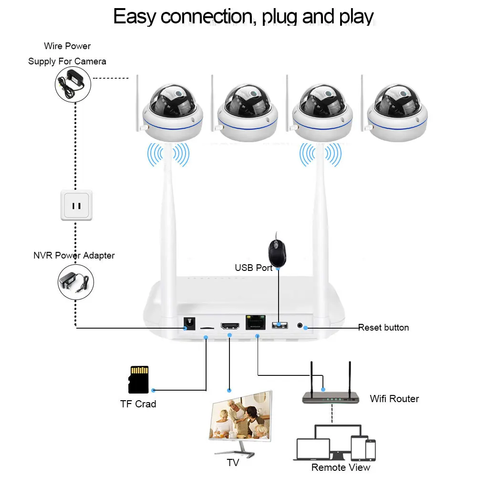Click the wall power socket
(76, 205)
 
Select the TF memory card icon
(139, 380)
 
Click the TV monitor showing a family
(240, 418)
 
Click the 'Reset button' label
(383, 328)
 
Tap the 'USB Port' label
(253, 268)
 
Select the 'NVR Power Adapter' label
(74, 256)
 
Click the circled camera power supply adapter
(73, 83)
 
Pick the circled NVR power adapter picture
(76, 282)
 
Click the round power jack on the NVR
(190, 324)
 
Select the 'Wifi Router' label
(394, 399)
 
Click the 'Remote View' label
(341, 467)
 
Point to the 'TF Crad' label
(138, 404)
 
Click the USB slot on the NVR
(280, 325)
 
